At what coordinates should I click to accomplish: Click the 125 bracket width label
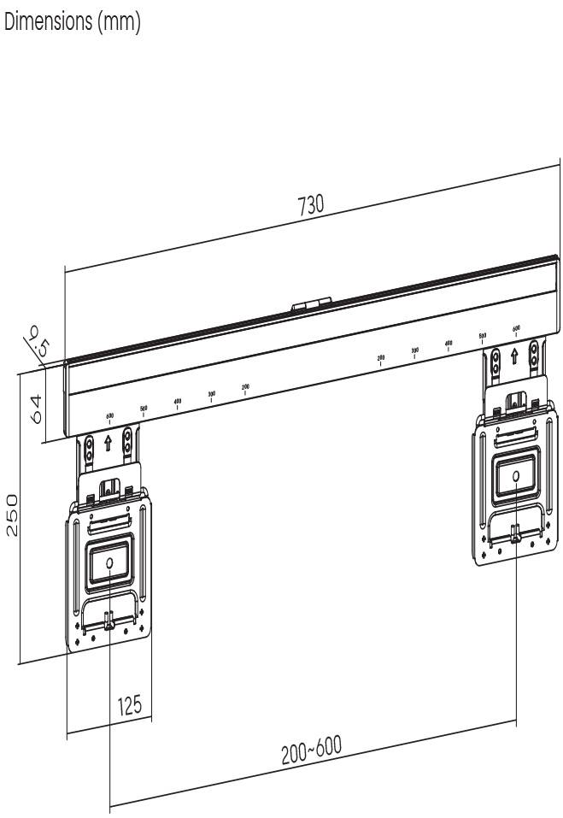(x=129, y=705)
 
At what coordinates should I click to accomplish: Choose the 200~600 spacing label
(x=311, y=751)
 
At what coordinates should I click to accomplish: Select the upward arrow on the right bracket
(x=514, y=353)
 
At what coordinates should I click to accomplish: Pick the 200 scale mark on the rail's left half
(x=245, y=389)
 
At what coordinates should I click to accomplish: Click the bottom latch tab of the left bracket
(x=109, y=621)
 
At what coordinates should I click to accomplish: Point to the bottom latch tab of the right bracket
(x=514, y=533)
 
